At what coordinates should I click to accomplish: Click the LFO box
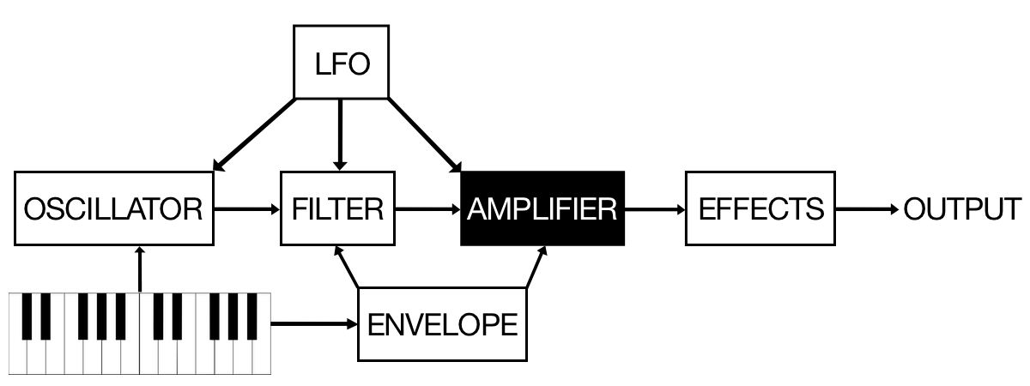(x=341, y=62)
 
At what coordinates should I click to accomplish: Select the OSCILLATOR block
(x=113, y=208)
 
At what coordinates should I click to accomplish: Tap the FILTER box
(x=337, y=208)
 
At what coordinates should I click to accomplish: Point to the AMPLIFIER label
(x=542, y=208)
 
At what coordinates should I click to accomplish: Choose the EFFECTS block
(x=760, y=208)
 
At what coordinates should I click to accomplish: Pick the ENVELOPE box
(x=442, y=324)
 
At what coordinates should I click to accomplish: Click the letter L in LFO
(x=322, y=64)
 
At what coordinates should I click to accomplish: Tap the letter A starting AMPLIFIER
(x=476, y=209)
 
